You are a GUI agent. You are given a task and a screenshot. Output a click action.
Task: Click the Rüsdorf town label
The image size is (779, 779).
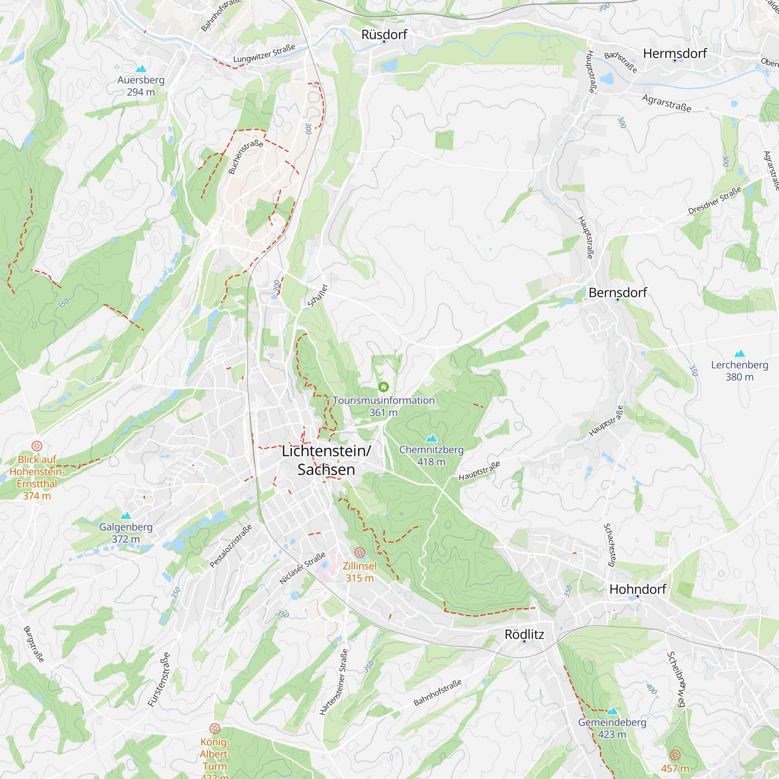pyautogui.click(x=384, y=35)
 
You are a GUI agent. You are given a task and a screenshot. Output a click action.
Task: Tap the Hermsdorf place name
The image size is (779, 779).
pyautogui.click(x=675, y=54)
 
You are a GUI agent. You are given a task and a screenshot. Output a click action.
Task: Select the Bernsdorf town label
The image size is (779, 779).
pyautogui.click(x=617, y=293)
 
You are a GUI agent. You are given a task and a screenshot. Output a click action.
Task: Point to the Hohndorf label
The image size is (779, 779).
pyautogui.click(x=638, y=589)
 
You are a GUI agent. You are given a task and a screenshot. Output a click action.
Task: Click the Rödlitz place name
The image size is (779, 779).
pyautogui.click(x=524, y=634)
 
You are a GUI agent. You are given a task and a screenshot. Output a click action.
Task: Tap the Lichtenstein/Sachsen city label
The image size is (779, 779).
pyautogui.click(x=326, y=460)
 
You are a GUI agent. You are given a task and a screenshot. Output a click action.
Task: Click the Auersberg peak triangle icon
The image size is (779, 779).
pyautogui.click(x=141, y=69)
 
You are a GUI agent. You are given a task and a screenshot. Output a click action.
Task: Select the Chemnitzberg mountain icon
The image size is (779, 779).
pyautogui.click(x=432, y=438)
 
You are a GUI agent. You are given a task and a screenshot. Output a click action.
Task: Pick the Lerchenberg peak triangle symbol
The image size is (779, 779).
pyautogui.click(x=739, y=354)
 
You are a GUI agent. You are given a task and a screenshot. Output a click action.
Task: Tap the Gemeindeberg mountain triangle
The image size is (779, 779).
pyautogui.click(x=612, y=710)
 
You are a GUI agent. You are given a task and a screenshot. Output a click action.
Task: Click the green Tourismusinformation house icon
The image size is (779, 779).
pyautogui.click(x=383, y=387)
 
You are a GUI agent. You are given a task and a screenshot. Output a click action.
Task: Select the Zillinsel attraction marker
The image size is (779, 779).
pyautogui.click(x=360, y=552)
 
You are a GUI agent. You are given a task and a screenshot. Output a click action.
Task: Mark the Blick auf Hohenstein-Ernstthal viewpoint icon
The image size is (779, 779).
pyautogui.click(x=37, y=446)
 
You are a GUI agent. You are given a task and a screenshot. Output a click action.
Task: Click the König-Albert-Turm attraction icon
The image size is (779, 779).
pyautogui.click(x=215, y=729)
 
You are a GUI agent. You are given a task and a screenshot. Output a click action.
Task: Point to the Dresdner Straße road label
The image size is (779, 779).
pyautogui.click(x=714, y=200)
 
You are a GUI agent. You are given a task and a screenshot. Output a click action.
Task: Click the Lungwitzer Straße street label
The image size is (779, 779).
pyautogui.click(x=264, y=54)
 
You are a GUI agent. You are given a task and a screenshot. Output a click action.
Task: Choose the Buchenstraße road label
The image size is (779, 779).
pyautogui.click(x=245, y=157)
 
